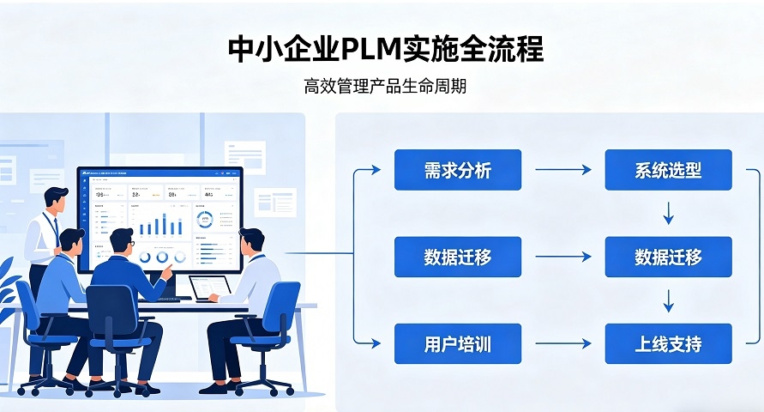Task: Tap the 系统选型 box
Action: tap(668, 170)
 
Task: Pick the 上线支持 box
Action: tap(668, 344)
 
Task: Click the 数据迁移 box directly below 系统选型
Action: tap(668, 257)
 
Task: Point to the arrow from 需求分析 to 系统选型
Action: tap(562, 170)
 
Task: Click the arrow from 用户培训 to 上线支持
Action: tap(562, 344)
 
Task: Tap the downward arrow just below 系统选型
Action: tap(669, 213)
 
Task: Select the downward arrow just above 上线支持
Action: tap(669, 300)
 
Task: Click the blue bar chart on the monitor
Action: tap(160, 224)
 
